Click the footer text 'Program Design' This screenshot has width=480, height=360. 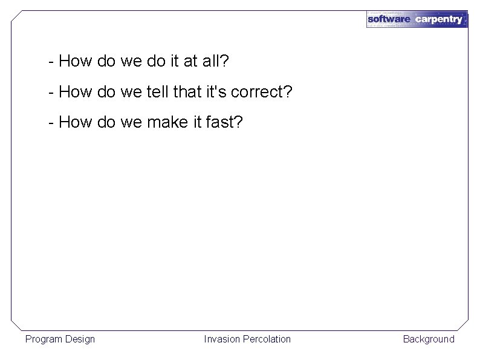tap(60, 339)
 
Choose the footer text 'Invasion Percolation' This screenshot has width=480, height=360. tap(247, 339)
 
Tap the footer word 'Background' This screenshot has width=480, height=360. tap(429, 339)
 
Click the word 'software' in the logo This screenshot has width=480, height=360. tap(389, 19)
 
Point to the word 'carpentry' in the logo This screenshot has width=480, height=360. tap(439, 19)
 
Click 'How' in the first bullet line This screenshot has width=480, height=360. tap(74, 61)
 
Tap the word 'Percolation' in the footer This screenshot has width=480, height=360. tap(267, 339)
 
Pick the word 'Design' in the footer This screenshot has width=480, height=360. tap(80, 339)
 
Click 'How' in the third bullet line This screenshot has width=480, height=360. tap(74, 123)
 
